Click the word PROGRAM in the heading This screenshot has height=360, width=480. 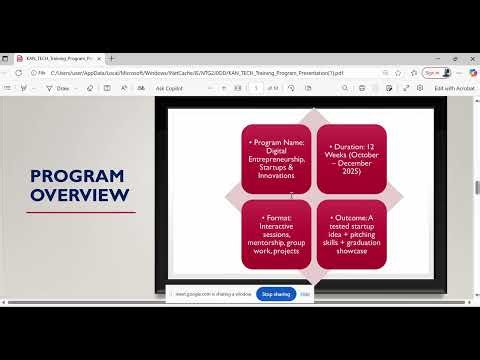click(x=77, y=176)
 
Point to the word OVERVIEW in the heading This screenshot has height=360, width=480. click(x=81, y=195)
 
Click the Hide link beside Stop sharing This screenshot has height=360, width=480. click(x=305, y=294)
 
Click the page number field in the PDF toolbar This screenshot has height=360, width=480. click(x=257, y=88)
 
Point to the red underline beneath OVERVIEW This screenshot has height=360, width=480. click(x=81, y=212)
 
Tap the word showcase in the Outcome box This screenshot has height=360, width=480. click(x=351, y=251)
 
